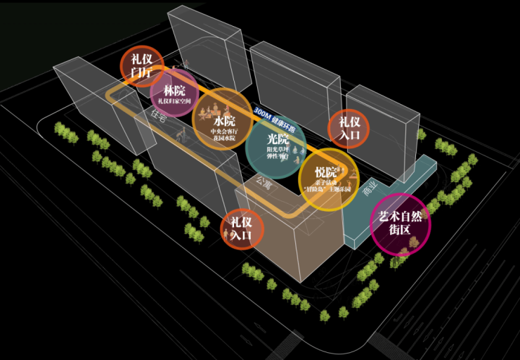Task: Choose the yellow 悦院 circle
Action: point(326,179)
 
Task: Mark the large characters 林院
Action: point(174,91)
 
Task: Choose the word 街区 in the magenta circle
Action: point(400,230)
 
